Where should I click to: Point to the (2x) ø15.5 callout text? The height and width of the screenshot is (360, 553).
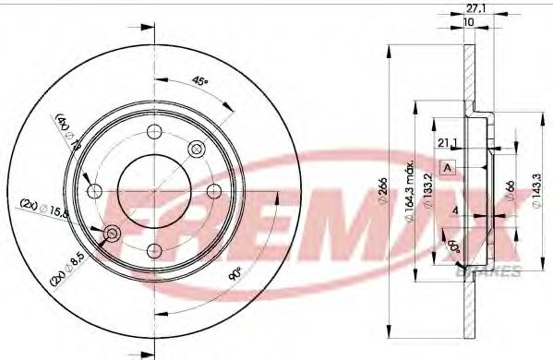(42, 209)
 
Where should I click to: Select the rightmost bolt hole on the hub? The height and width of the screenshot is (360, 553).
(213, 190)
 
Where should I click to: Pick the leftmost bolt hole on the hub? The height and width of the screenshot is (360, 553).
(93, 190)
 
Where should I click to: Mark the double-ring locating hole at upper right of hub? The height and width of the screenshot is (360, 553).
(195, 148)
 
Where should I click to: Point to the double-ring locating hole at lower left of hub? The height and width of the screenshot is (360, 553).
(112, 234)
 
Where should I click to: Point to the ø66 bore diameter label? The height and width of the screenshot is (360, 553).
(507, 189)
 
